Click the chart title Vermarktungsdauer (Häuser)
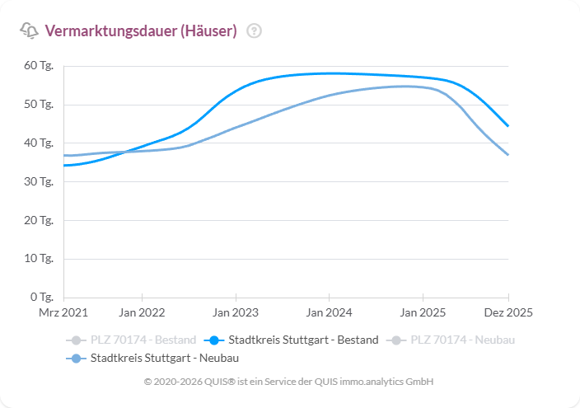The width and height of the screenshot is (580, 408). [140, 31]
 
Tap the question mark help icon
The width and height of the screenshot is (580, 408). [255, 31]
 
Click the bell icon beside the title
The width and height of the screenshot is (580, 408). [29, 31]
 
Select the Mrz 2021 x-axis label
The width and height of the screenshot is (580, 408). [63, 313]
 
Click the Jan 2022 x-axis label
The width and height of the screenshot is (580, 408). [142, 313]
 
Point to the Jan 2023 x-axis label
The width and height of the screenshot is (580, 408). [236, 313]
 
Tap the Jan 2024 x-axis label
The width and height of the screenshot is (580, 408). [329, 313]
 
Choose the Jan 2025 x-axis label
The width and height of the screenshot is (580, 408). [423, 313]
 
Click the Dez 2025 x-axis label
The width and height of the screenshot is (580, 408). [508, 313]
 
